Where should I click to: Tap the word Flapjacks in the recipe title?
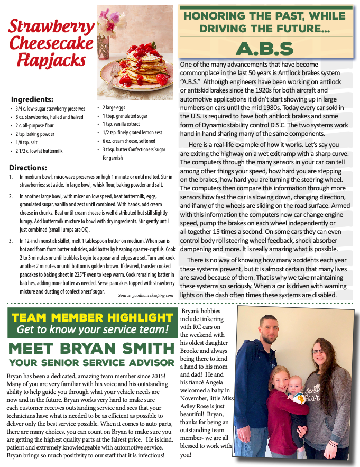pyautogui.click(x=51, y=60)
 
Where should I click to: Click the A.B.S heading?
pyautogui.click(x=264, y=49)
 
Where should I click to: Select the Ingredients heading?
pyautogui.click(x=32, y=99)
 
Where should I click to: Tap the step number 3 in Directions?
pyautogui.click(x=12, y=241)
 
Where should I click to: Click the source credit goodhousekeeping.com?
pyautogui.click(x=145, y=295)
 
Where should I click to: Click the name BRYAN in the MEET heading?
pyautogui.click(x=110, y=349)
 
